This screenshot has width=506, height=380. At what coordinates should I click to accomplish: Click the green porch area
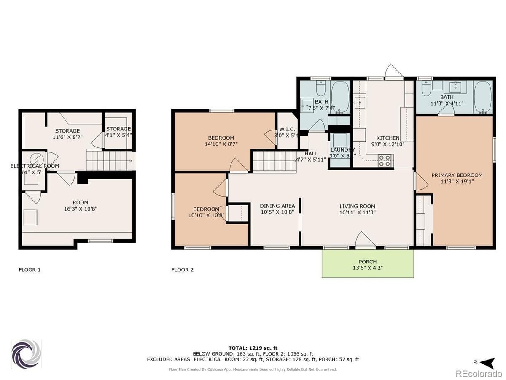click(367, 264)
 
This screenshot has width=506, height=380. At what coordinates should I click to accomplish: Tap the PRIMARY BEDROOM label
click(457, 175)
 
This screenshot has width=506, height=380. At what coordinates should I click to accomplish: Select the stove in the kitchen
click(385, 160)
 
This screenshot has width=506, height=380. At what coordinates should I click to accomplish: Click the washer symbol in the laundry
click(340, 140)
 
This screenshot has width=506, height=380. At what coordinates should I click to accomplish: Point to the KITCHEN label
click(388, 138)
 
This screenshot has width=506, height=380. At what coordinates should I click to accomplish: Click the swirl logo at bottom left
click(26, 354)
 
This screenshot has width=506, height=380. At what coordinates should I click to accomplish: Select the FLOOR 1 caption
click(30, 270)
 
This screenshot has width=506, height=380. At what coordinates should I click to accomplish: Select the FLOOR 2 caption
click(182, 270)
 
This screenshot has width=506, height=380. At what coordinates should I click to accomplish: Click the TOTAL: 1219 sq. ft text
click(253, 348)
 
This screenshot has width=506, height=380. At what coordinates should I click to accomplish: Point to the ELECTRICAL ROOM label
click(35, 166)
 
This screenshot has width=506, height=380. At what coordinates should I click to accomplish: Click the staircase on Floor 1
click(109, 160)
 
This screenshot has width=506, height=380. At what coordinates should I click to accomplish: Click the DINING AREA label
click(277, 206)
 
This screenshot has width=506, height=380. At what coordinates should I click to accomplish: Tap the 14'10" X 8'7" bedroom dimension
click(221, 144)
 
